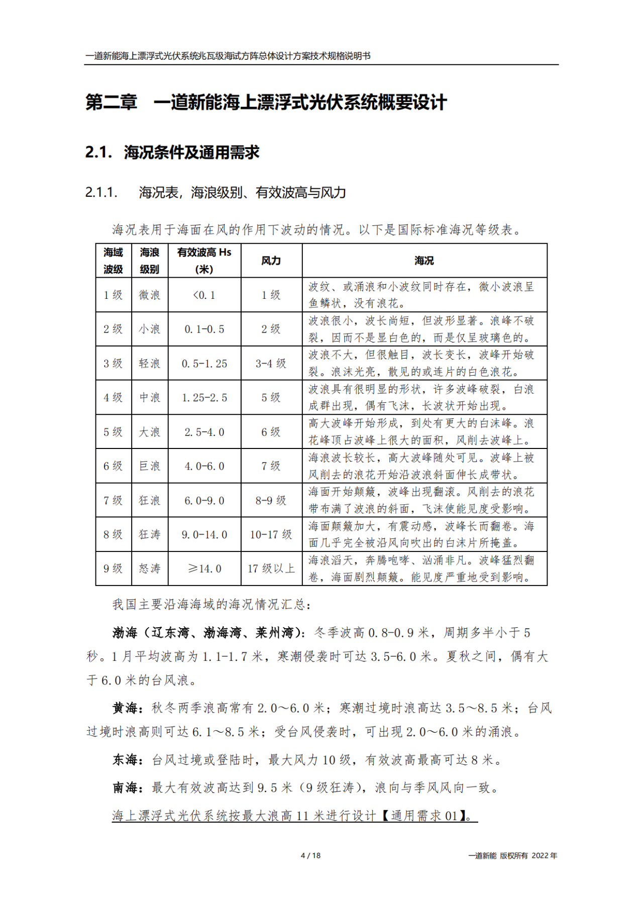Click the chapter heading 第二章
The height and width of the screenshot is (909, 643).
click(x=111, y=102)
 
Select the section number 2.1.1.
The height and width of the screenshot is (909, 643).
click(x=101, y=192)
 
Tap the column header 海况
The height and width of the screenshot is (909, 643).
click(x=424, y=261)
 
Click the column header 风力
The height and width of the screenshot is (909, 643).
click(x=271, y=261)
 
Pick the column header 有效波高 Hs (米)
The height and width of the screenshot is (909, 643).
click(x=204, y=261)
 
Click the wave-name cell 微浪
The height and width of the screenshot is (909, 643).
click(x=149, y=295)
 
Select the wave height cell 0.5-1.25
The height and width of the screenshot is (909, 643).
click(x=204, y=364)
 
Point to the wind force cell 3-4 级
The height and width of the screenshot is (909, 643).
click(x=271, y=364)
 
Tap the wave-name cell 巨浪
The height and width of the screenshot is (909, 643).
click(x=149, y=466)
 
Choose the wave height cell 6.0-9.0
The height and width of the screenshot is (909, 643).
click(x=204, y=501)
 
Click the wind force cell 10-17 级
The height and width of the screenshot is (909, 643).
click(x=271, y=535)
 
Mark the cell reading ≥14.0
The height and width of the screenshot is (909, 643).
click(x=204, y=569)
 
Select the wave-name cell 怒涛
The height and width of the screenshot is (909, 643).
click(x=149, y=569)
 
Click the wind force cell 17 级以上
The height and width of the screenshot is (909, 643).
click(x=271, y=569)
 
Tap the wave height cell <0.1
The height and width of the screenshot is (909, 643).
click(x=204, y=295)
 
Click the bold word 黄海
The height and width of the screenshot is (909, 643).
click(x=125, y=708)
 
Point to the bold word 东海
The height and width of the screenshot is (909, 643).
click(x=125, y=760)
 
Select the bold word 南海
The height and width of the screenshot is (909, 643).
click(x=125, y=787)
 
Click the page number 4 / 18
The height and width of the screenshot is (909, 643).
click(x=310, y=855)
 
